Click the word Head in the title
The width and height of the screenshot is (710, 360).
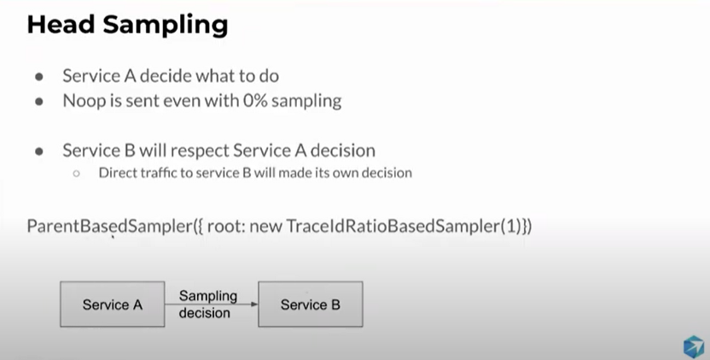(x=61, y=25)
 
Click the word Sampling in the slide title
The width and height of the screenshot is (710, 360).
(x=166, y=26)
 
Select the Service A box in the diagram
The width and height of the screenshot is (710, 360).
(x=113, y=305)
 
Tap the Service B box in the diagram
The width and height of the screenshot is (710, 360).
(x=311, y=305)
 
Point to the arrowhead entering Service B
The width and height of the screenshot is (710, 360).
(x=254, y=305)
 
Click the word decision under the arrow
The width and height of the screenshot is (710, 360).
(x=204, y=313)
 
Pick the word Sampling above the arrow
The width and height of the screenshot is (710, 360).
(x=208, y=297)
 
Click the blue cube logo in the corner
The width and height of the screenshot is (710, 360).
(x=694, y=347)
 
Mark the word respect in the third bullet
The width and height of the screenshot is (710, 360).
(x=202, y=151)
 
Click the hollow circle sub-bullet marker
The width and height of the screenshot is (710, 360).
(x=76, y=173)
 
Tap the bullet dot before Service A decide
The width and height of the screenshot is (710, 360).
(x=39, y=77)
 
